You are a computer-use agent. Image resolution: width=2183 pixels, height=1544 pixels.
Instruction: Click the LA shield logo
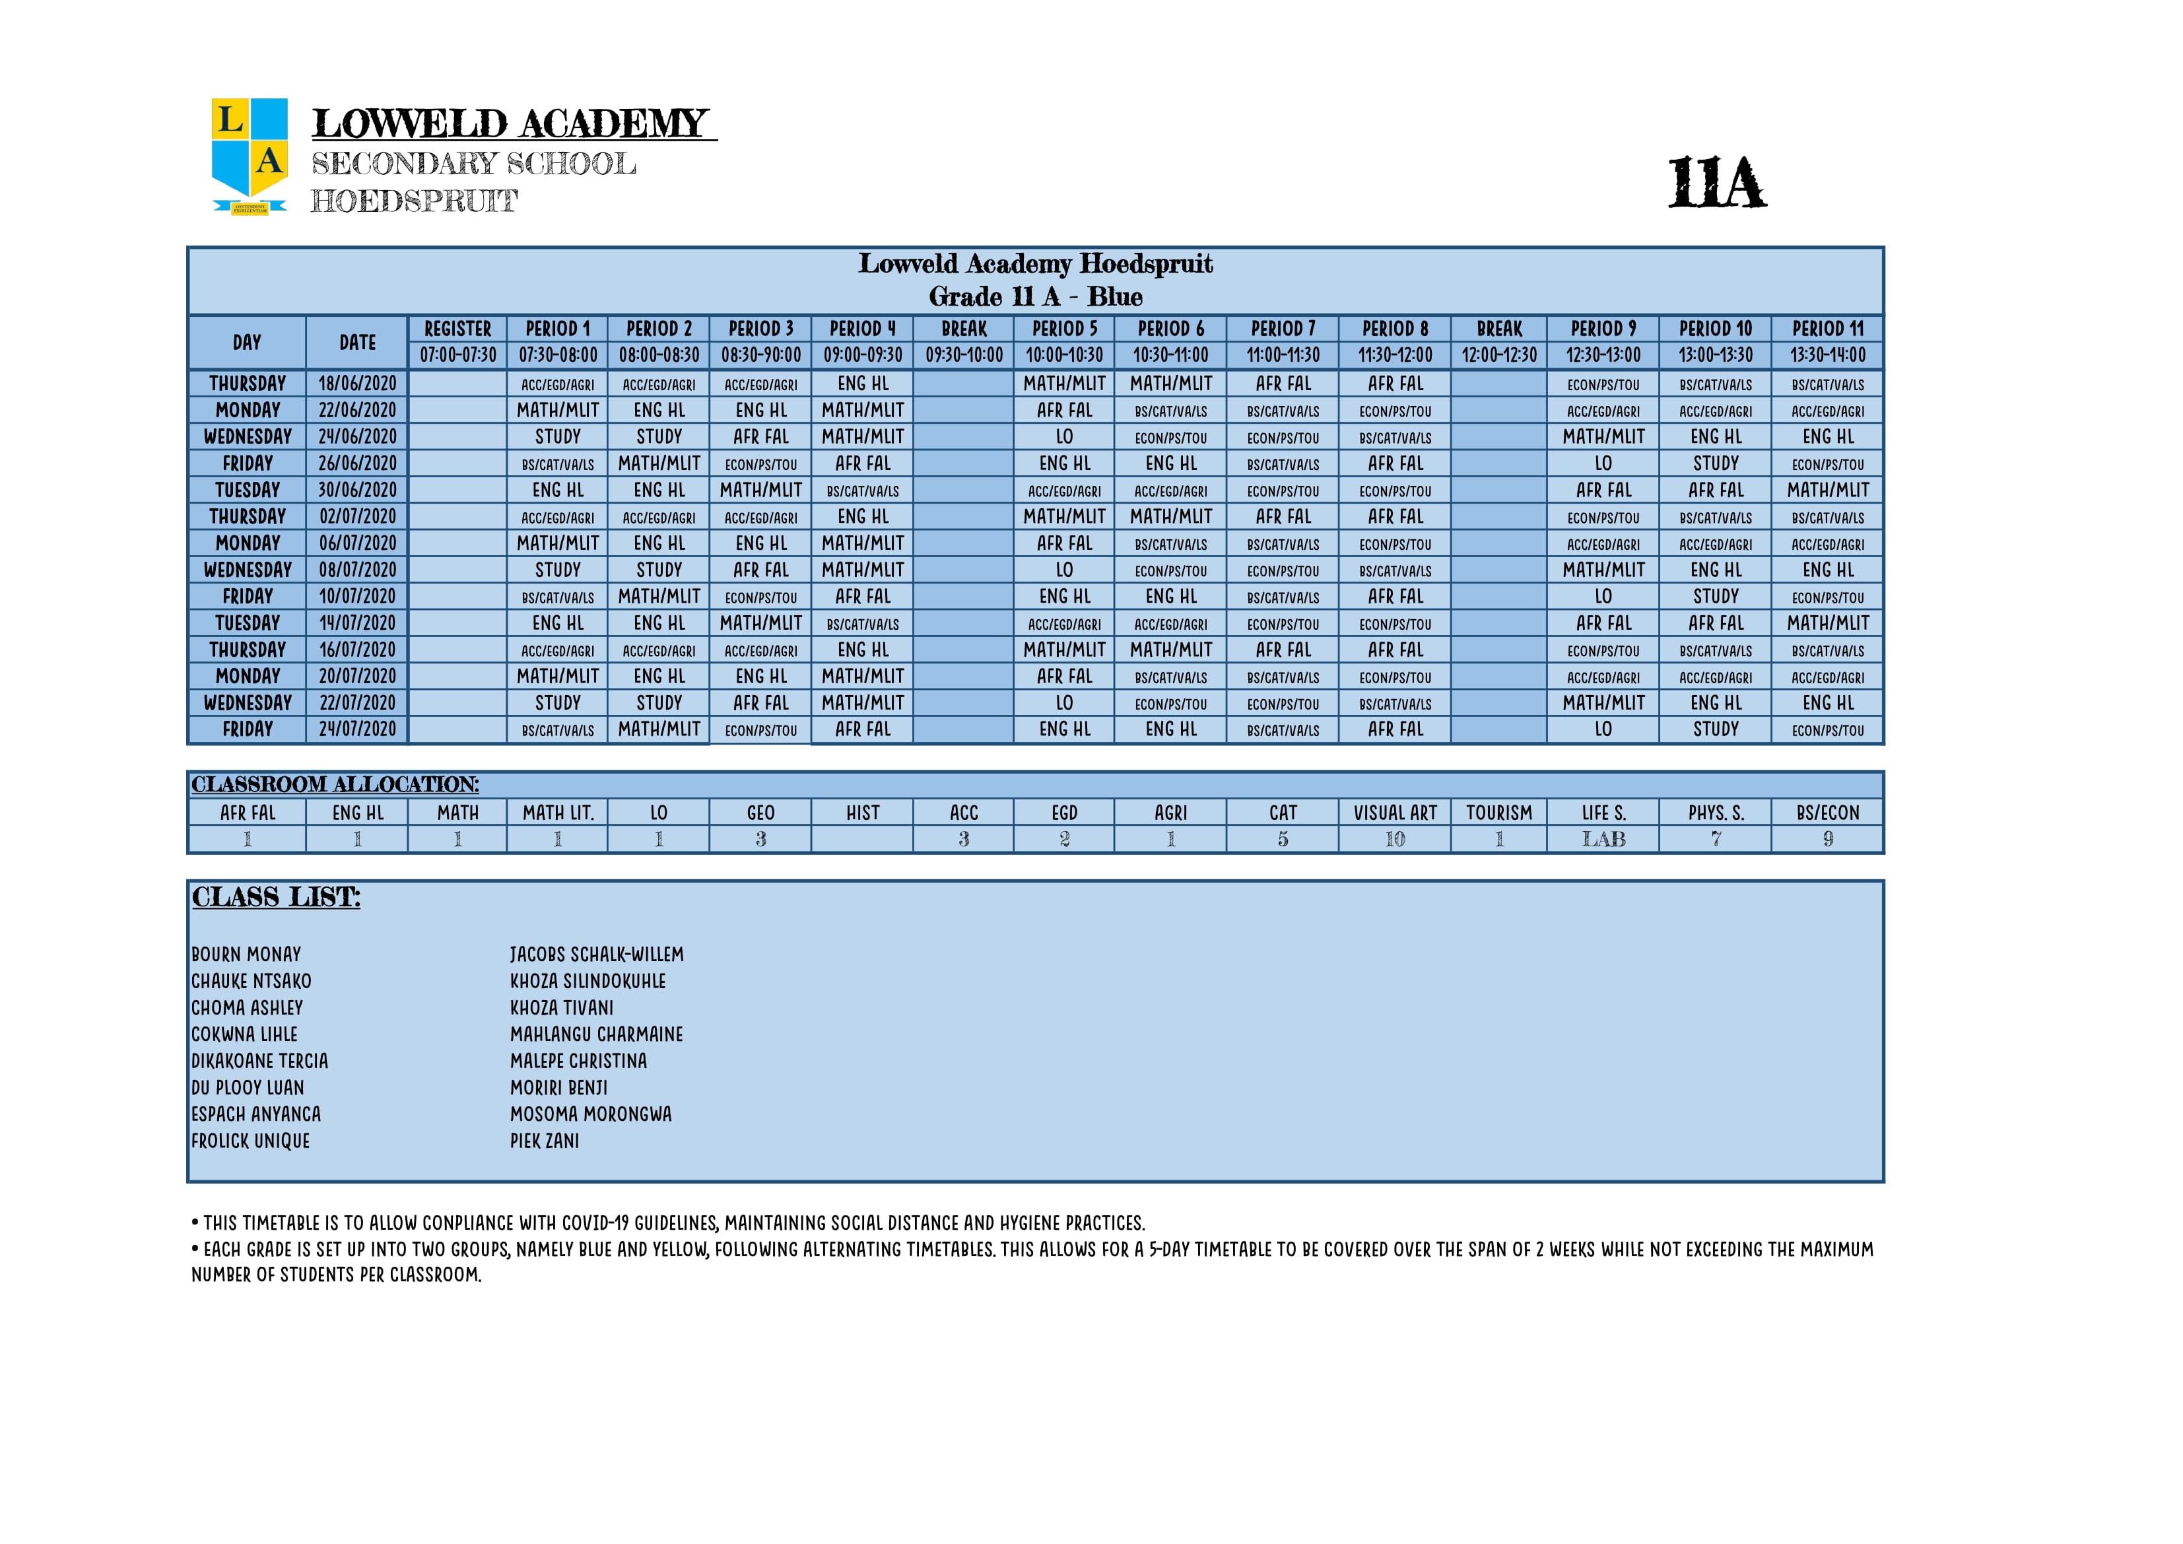pyautogui.click(x=249, y=155)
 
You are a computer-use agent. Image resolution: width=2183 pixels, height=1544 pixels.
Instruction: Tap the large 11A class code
pyautogui.click(x=1716, y=183)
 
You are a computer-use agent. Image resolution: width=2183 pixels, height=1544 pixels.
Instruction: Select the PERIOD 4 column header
pyautogui.click(x=862, y=329)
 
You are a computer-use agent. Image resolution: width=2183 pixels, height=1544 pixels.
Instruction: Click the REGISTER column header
pyautogui.click(x=457, y=329)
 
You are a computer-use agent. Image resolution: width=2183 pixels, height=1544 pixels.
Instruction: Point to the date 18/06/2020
pyautogui.click(x=358, y=383)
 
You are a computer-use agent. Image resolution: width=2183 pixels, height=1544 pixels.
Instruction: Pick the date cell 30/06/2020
pyautogui.click(x=358, y=490)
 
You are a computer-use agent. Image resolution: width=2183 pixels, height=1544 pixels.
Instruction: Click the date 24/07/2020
pyautogui.click(x=358, y=729)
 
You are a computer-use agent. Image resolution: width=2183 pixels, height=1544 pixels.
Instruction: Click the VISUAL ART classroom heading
pyautogui.click(x=1395, y=813)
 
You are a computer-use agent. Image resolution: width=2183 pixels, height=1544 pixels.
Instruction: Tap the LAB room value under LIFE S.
pyautogui.click(x=1603, y=840)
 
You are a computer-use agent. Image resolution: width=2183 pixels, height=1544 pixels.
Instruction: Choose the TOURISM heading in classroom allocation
pyautogui.click(x=1498, y=813)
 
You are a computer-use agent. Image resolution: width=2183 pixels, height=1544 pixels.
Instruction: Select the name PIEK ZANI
pyautogui.click(x=544, y=1141)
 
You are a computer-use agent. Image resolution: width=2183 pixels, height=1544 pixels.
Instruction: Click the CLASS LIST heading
pyautogui.click(x=276, y=898)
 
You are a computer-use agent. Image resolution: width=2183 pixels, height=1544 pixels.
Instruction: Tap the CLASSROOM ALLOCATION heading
pyautogui.click(x=335, y=784)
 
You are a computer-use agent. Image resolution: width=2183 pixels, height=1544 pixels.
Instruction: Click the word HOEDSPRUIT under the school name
pyautogui.click(x=414, y=201)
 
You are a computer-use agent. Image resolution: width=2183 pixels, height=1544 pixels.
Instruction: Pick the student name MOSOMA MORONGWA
pyautogui.click(x=590, y=1114)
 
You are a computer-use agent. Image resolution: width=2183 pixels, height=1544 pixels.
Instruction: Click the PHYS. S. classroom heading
pyautogui.click(x=1715, y=813)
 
